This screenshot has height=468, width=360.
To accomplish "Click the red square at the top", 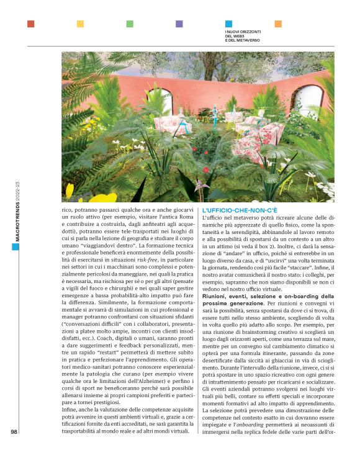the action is (x=30, y=24).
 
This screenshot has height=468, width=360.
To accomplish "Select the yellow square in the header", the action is (x=80, y=24).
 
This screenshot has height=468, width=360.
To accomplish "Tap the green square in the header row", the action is (x=130, y=24).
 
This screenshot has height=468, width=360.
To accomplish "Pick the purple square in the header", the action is (x=179, y=24).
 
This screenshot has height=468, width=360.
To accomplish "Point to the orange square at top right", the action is (x=278, y=24).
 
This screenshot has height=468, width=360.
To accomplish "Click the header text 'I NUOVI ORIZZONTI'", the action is (x=243, y=31).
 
